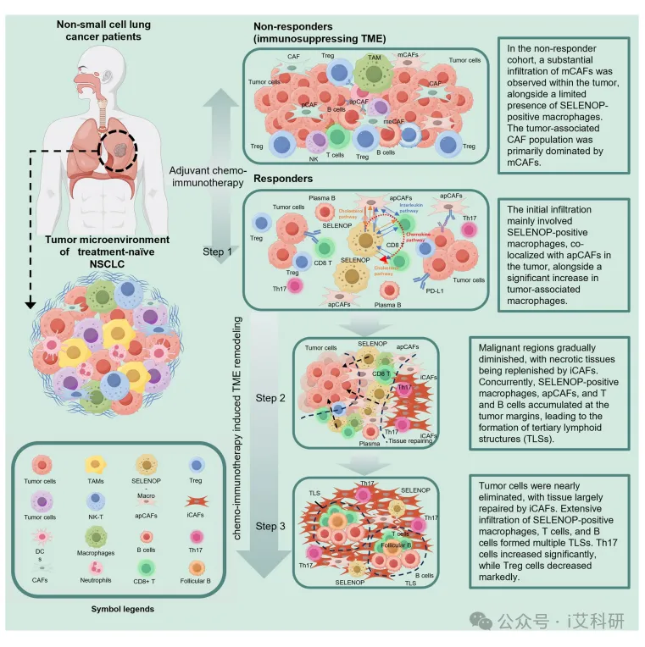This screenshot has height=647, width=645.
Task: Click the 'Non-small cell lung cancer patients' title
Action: coord(103,32)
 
